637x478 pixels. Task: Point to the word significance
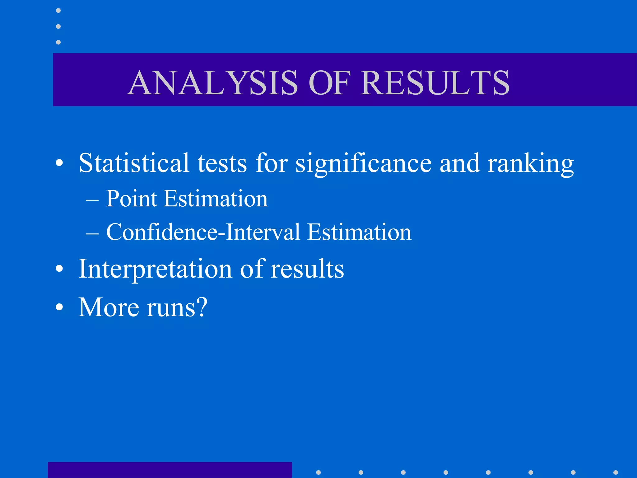363,164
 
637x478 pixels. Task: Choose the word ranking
530,164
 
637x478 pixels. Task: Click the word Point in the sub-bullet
131,199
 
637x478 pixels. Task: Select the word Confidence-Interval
203,232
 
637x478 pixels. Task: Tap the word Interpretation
155,269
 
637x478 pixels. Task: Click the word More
109,307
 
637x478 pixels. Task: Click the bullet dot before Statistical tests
59,163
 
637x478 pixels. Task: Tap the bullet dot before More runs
59,307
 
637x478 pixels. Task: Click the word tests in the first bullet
222,163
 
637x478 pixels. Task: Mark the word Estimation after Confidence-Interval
359,232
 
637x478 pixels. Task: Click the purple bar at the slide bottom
170,470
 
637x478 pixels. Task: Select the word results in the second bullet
307,269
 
